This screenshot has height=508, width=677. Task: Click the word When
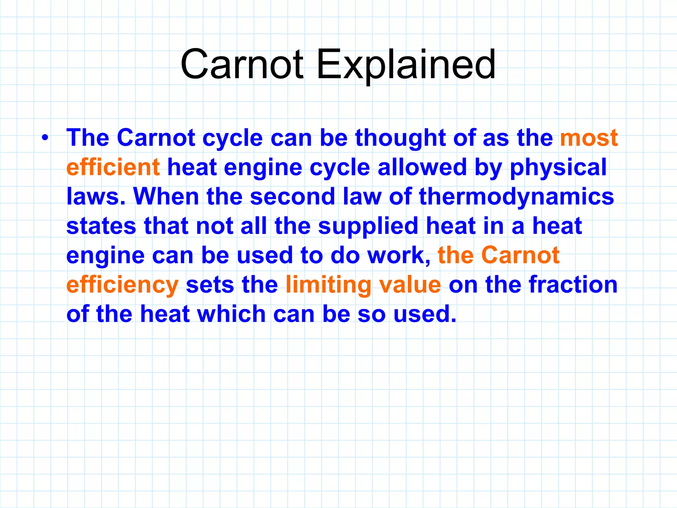coord(166,196)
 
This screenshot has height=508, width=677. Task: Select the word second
coord(293,196)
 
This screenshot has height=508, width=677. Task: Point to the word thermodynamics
coord(516,196)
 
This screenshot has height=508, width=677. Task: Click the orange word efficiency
coord(122,285)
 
